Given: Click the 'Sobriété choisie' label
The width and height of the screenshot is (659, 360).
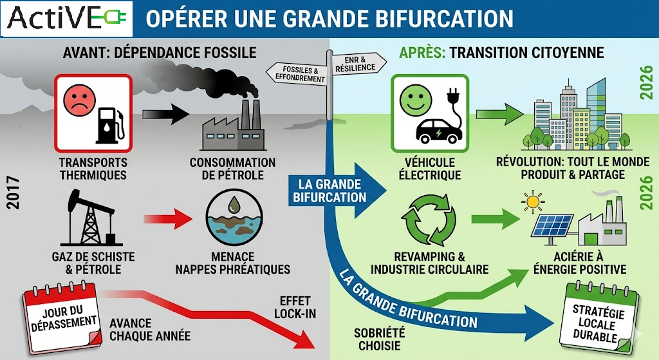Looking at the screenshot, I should [x=379, y=339].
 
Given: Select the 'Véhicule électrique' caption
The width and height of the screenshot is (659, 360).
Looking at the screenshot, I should [x=429, y=169].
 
